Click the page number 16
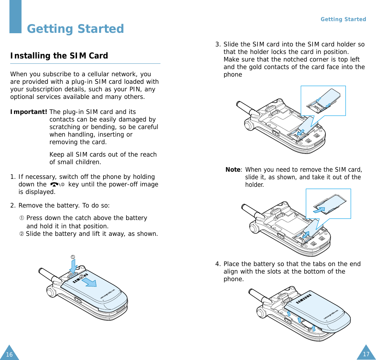pos(9,354)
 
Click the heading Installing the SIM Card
pos(59,55)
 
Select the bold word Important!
pos(29,112)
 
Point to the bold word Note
pos(233,170)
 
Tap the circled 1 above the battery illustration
pos(72,257)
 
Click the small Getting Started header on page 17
pos(343,19)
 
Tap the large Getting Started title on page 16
pos(75,29)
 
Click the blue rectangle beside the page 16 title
pos(15,17)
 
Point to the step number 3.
pos(217,45)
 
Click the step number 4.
pos(217,264)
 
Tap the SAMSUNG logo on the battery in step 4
pos(304,299)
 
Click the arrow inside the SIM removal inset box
pos(319,210)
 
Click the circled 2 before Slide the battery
pos(22,234)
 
